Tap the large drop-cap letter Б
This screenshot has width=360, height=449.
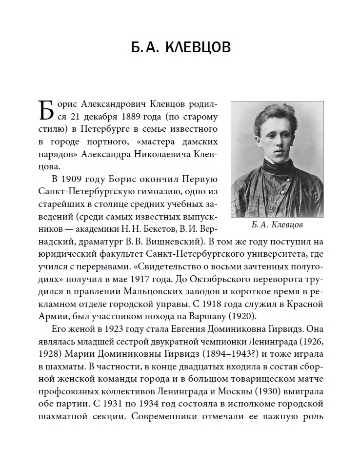(45, 111)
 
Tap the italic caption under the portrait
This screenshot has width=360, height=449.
(275, 225)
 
